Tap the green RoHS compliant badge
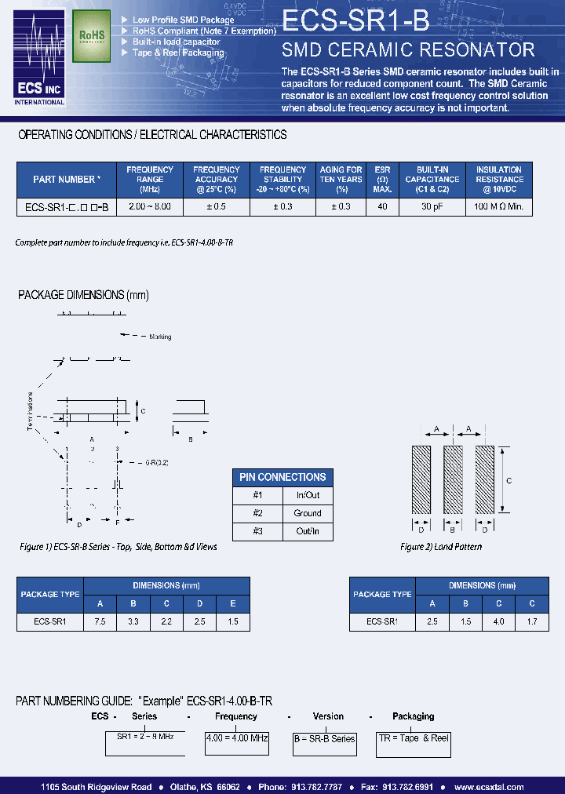coord(92,36)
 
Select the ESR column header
coord(382,179)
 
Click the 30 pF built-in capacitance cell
coord(432,207)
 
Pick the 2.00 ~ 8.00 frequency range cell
coord(150,207)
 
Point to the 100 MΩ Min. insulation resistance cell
coord(498,207)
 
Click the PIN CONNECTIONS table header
coord(282,477)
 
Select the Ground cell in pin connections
coord(308,513)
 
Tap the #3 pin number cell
coord(257,531)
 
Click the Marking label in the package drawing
coord(160,337)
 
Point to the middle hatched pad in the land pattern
coord(452,480)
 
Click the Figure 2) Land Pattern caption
coord(441,546)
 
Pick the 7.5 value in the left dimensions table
coord(100,621)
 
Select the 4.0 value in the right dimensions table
coord(498,621)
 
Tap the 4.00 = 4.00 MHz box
coord(236,738)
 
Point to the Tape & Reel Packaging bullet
coord(178,53)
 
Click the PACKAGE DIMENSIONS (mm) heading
coord(83,295)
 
